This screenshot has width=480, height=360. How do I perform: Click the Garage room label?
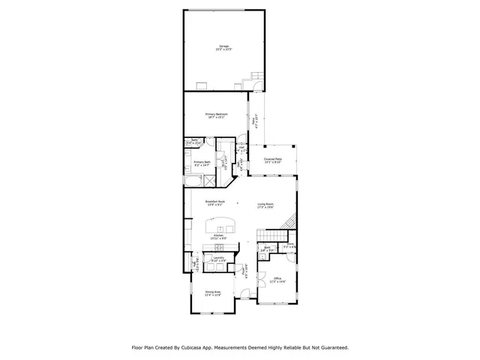point(224,46)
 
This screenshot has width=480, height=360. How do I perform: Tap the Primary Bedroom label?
point(217,115)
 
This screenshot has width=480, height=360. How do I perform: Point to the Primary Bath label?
point(202,163)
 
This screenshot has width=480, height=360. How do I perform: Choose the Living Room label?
point(265,205)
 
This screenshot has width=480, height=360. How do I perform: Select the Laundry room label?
point(218,259)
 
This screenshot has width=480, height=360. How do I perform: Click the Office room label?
point(277,278)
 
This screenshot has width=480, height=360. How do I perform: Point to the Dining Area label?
point(213,293)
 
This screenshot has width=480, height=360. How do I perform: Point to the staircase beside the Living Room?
point(289,221)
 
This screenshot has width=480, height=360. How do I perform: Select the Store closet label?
point(289,245)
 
